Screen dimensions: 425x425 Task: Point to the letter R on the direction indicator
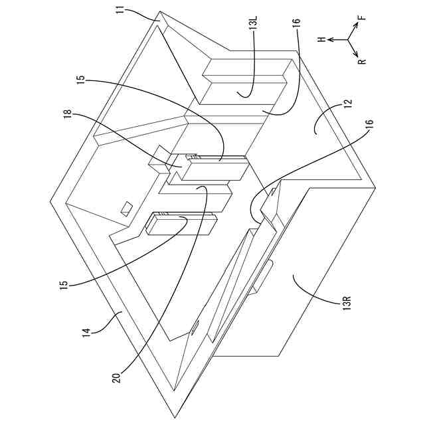click(362, 62)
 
